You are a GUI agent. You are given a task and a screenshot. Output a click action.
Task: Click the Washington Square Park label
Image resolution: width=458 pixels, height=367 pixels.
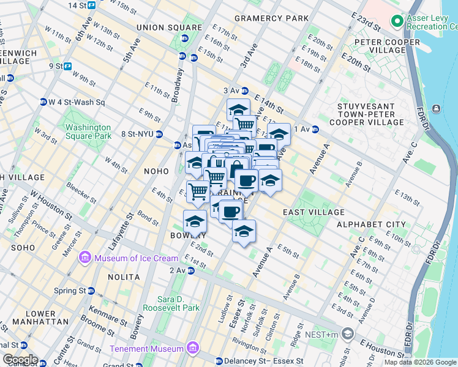(x=88, y=132)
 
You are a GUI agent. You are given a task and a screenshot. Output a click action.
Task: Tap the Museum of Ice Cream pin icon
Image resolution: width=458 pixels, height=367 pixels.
(x=85, y=258)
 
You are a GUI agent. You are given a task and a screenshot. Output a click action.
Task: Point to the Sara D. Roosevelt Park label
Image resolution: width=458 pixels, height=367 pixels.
(x=171, y=303)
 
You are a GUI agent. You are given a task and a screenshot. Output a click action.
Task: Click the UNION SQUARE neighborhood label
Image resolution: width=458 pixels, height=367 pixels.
(x=169, y=28)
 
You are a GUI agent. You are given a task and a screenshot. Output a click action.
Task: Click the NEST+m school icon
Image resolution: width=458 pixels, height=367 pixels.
(x=348, y=334)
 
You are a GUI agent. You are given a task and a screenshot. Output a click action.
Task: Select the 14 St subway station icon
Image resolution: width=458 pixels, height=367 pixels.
(x=91, y=6)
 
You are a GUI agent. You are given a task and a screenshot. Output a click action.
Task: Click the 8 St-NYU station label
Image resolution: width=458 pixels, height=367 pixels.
(x=137, y=134)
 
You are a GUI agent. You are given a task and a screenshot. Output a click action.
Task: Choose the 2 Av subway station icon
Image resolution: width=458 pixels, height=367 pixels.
(x=191, y=270)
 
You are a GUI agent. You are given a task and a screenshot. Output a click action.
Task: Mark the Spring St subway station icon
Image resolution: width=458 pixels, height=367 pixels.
(x=91, y=291)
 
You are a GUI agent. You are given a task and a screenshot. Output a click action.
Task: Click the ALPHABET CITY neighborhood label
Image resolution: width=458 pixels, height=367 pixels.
(x=370, y=224)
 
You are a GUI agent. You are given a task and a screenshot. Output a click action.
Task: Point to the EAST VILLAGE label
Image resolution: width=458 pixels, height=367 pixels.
(x=314, y=212)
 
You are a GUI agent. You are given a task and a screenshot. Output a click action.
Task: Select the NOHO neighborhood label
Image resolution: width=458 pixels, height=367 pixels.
(x=156, y=171)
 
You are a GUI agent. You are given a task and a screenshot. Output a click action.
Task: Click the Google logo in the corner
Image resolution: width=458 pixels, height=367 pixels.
(x=20, y=359)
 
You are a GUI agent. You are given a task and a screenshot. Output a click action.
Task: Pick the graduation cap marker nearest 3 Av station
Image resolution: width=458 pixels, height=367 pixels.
(x=238, y=110)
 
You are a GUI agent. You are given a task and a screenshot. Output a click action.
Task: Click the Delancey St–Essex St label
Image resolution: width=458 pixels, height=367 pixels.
(x=265, y=361)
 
